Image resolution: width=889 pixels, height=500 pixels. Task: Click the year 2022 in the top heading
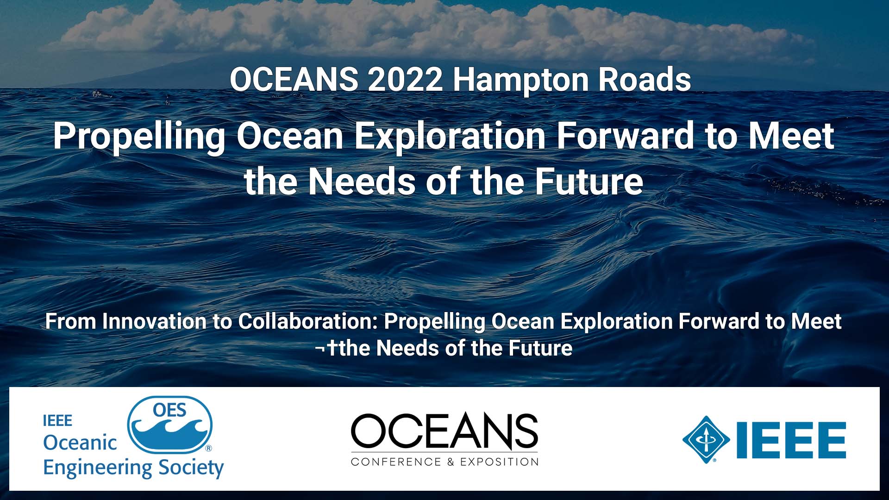pyautogui.click(x=405, y=80)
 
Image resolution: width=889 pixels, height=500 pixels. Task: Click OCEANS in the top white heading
pyautogui.click(x=294, y=80)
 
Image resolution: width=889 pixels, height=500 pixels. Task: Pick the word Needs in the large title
pyautogui.click(x=362, y=181)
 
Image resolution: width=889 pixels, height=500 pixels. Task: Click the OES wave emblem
pyautogui.click(x=170, y=425)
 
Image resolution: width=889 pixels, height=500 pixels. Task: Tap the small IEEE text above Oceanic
pyautogui.click(x=57, y=421)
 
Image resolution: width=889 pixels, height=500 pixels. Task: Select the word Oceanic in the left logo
pyautogui.click(x=80, y=443)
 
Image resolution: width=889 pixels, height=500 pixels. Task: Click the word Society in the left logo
pyautogui.click(x=191, y=469)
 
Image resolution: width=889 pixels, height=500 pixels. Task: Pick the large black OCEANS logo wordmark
pyautogui.click(x=444, y=431)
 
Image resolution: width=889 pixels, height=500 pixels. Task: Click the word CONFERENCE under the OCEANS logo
pyautogui.click(x=396, y=462)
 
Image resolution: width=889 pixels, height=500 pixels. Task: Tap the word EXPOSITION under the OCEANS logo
pyautogui.click(x=499, y=462)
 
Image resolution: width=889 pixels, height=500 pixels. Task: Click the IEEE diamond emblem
pyautogui.click(x=706, y=440)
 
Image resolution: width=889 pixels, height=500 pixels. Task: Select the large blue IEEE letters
pyautogui.click(x=791, y=440)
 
